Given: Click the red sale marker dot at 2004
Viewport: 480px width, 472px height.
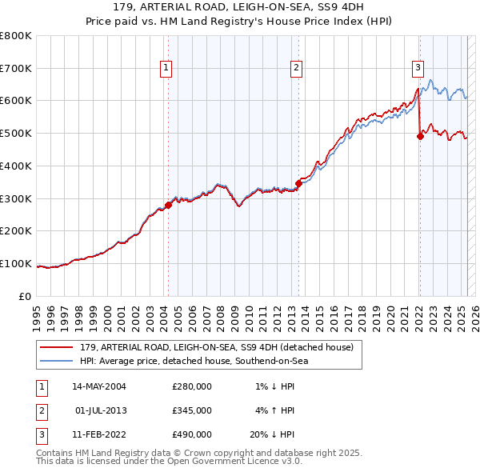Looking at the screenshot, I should point(169,205).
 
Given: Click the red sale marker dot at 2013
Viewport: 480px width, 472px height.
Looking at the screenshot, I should point(298,183).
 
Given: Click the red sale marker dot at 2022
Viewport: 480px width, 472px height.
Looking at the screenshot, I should point(420,136).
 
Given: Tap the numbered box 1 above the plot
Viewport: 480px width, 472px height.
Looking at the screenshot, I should point(166,68).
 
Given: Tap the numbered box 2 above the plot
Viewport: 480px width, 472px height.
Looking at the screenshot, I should point(296,68).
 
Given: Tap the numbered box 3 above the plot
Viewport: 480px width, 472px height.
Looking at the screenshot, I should point(418,68).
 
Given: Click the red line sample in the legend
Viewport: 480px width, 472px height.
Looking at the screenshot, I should point(57,346).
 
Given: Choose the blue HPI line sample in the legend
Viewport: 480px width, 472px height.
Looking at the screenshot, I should point(57,361).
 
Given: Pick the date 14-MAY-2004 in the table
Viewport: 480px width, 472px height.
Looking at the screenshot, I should point(99,386).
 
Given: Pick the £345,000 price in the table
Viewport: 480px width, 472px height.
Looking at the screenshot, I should point(192,410).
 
